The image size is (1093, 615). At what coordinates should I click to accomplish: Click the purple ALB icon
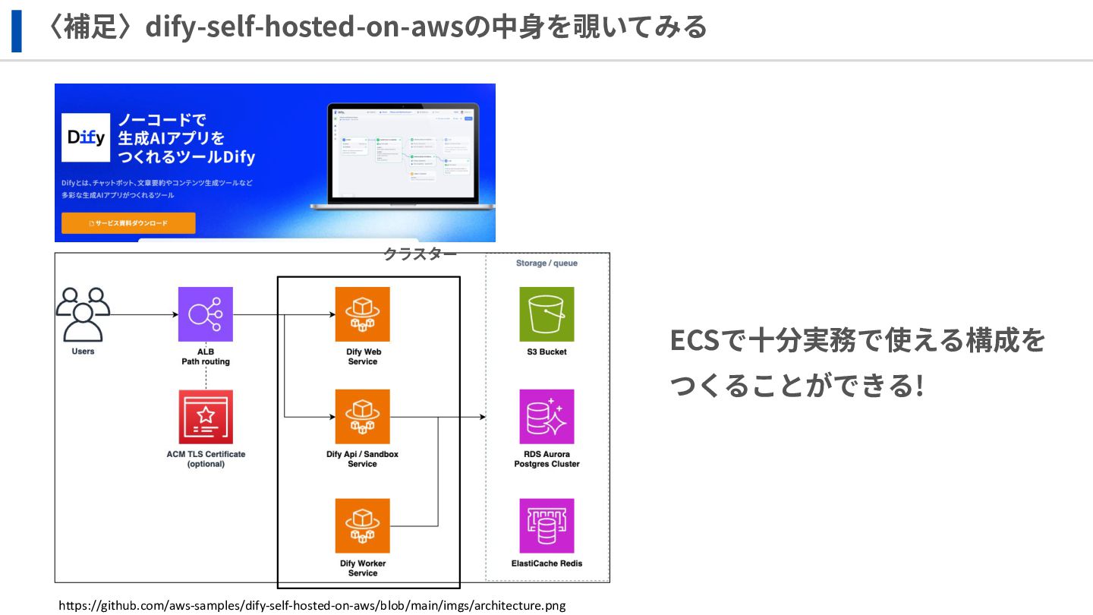[x=206, y=314]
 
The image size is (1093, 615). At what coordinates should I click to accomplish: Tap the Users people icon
[x=83, y=314]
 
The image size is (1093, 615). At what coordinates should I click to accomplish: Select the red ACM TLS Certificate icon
[x=206, y=417]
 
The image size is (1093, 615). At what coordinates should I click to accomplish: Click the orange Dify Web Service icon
[x=362, y=314]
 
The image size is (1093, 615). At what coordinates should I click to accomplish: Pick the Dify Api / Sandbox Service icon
[x=362, y=417]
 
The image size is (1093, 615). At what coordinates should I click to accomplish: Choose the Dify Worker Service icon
[x=362, y=525]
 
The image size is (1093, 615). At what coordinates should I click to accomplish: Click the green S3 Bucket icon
[x=546, y=314]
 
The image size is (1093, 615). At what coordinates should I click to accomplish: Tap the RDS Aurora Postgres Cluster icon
[x=546, y=417]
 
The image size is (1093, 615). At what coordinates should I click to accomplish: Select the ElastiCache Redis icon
[x=546, y=525]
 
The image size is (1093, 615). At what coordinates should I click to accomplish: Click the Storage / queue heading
[x=547, y=263]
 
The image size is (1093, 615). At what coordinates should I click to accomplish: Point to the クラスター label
[x=420, y=254]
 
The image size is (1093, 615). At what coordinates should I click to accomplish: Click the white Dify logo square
[x=86, y=137]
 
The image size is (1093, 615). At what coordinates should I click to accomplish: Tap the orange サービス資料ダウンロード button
[x=128, y=223]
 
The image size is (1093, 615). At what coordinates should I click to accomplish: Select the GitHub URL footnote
[x=312, y=606]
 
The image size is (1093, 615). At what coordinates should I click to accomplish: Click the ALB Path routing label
[x=205, y=357]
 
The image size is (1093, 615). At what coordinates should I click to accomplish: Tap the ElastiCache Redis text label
[x=546, y=563]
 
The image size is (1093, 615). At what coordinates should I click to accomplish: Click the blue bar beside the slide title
[x=16, y=30]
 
